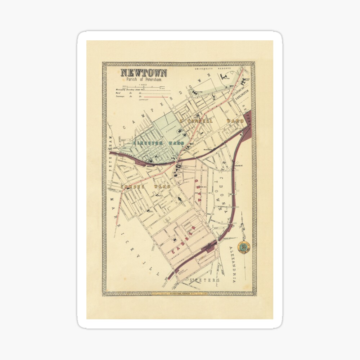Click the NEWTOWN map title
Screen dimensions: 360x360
point(144,73)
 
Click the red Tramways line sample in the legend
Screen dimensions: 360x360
point(153,97)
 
